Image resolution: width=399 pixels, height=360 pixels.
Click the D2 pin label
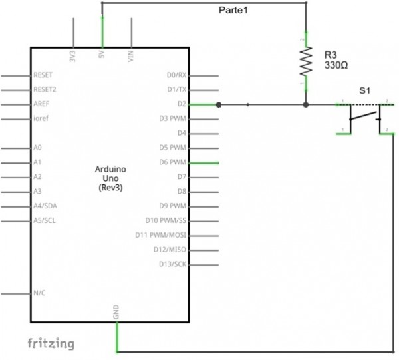[x=181, y=104]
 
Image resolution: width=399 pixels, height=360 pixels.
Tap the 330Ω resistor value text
[x=336, y=66]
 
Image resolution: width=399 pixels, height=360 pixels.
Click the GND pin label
[x=116, y=311]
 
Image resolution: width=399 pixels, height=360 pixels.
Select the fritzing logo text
[x=51, y=343]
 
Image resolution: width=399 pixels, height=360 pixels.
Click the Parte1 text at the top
[x=234, y=10]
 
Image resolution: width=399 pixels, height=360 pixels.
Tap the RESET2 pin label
[x=45, y=90]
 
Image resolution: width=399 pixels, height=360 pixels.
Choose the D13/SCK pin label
[x=172, y=264]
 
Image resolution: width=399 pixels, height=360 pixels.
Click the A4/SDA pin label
[x=45, y=206]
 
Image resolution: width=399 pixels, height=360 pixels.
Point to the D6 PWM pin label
[x=172, y=162]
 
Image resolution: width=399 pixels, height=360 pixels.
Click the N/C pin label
[x=39, y=293]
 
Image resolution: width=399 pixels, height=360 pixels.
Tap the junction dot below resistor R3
[x=306, y=104]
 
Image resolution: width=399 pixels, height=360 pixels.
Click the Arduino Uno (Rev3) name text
[x=110, y=179]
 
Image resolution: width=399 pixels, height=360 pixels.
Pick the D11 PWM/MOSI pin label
[x=163, y=235]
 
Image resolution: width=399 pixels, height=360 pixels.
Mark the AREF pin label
[x=41, y=104]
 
